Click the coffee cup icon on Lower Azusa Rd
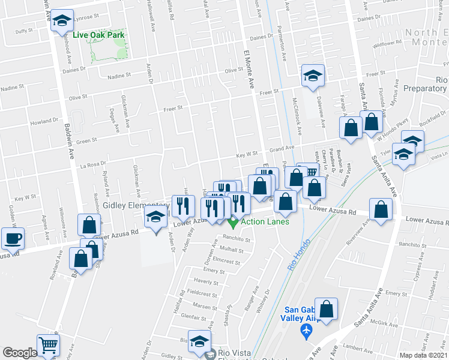[x=13, y=238]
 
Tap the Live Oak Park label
[x=98, y=35]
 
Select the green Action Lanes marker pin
[x=234, y=222]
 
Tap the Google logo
[x=19, y=353]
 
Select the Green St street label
[x=86, y=142]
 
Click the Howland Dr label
[x=44, y=121]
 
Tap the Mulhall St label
[x=231, y=249]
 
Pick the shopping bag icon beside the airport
[x=327, y=310]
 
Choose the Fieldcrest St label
[x=201, y=294]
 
